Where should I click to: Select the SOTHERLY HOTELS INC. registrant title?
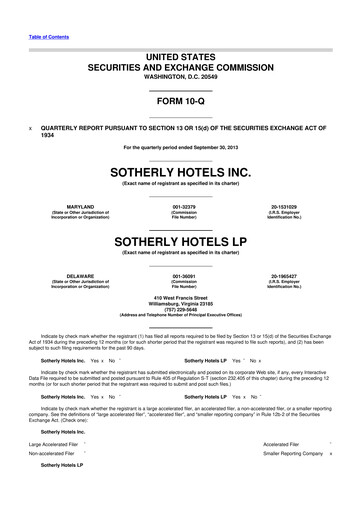click(181, 171)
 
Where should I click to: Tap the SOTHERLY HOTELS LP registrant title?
click(181, 241)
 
